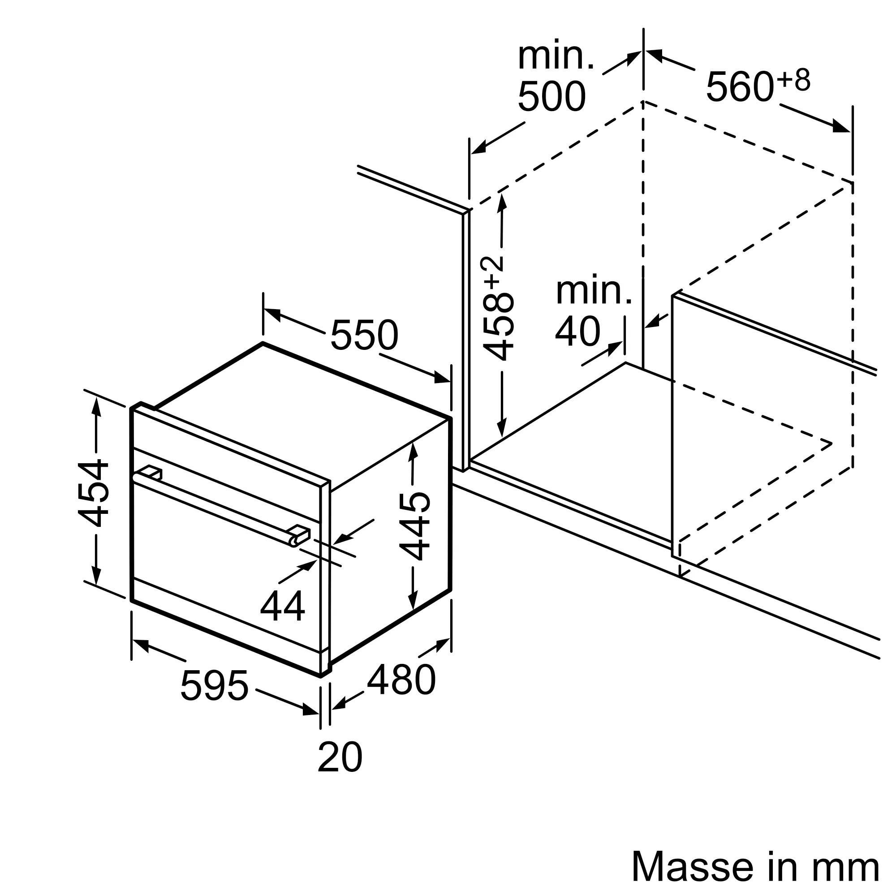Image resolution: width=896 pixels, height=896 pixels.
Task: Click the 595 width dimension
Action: click(x=214, y=685)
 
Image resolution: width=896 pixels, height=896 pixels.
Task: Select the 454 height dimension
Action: click(x=93, y=493)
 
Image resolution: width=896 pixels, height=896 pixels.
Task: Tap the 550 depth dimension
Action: click(x=365, y=335)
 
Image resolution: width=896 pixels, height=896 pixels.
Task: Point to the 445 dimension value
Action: click(x=414, y=526)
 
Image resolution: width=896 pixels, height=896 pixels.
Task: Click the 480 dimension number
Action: click(x=401, y=680)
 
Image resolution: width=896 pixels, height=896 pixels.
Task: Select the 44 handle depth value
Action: click(x=282, y=606)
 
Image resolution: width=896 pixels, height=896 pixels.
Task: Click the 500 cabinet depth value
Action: click(x=552, y=97)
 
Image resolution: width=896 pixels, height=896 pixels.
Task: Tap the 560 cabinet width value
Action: click(x=740, y=87)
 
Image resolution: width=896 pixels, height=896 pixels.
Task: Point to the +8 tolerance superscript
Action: click(x=794, y=80)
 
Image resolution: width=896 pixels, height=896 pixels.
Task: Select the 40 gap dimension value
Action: click(x=578, y=332)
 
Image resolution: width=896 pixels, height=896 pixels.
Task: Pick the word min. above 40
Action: click(x=594, y=291)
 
